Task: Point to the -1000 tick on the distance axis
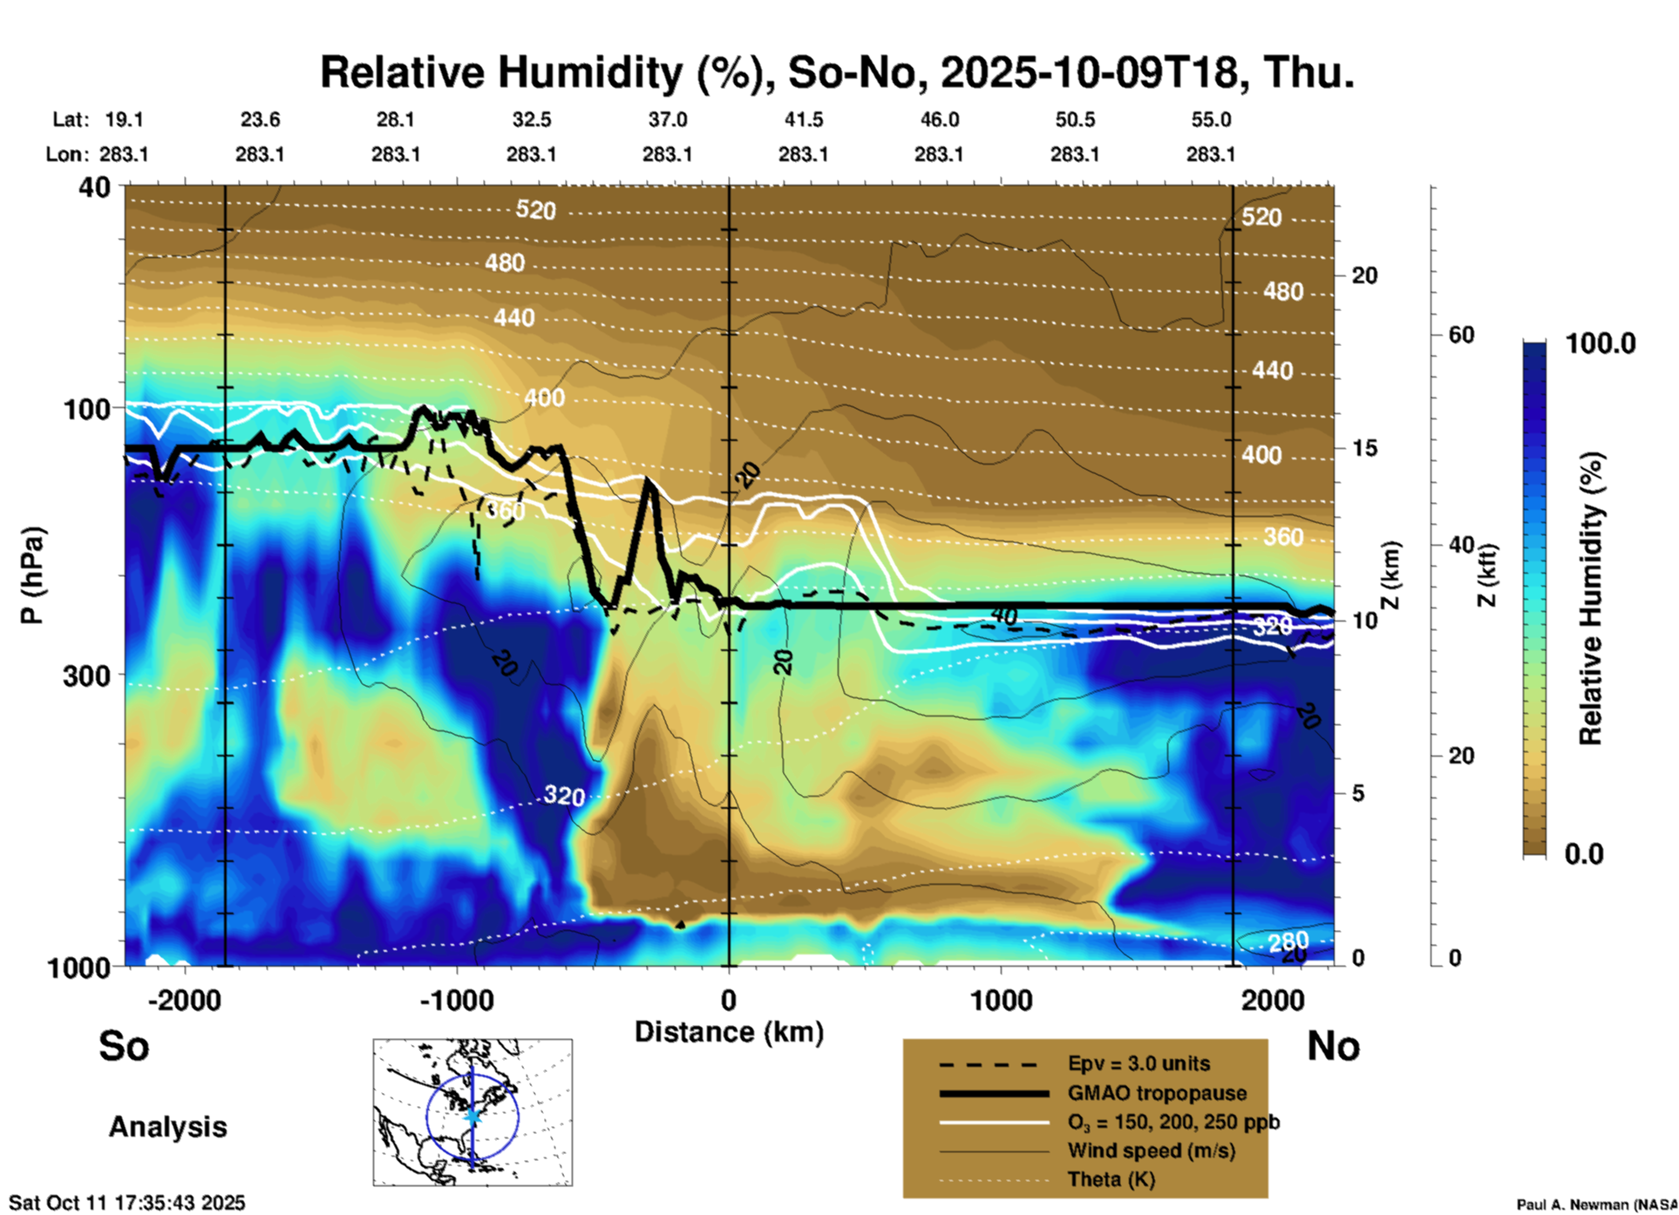[457, 1001]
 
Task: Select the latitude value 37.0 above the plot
[668, 119]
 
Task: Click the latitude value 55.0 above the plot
[1211, 119]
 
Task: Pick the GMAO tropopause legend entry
[1157, 1093]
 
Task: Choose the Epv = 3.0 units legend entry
[1139, 1063]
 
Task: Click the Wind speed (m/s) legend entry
[1151, 1151]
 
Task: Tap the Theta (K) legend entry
[1111, 1179]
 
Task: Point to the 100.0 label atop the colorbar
[1601, 343]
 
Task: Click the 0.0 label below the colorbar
[1584, 853]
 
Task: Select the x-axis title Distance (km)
[729, 1032]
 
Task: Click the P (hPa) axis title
[32, 575]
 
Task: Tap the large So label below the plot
[124, 1046]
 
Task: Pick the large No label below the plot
[1333, 1046]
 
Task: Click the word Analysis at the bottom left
[167, 1127]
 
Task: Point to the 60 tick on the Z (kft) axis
[1461, 335]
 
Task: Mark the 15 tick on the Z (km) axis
[1364, 448]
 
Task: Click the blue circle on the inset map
[427, 1117]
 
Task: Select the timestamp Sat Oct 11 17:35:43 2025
[127, 1203]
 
